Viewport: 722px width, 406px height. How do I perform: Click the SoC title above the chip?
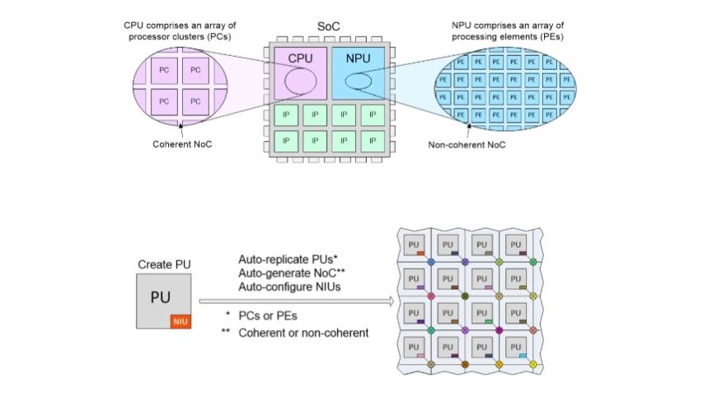tap(330, 27)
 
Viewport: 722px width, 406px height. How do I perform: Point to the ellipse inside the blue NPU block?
tap(359, 81)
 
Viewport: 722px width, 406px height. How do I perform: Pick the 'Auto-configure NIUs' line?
tap(279, 285)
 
